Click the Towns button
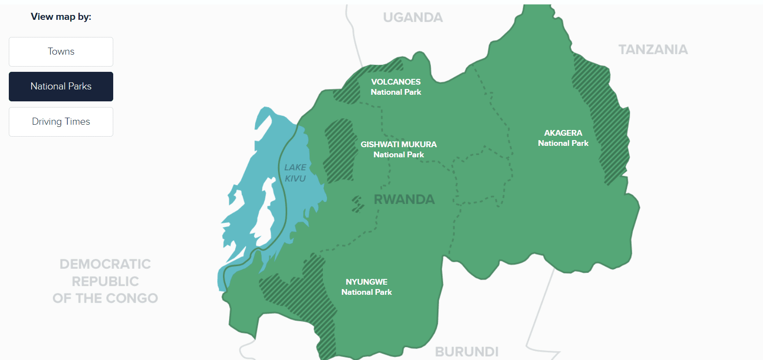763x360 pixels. pyautogui.click(x=61, y=52)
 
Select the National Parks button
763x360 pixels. pyautogui.click(x=61, y=86)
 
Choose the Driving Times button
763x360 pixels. pyautogui.click(x=61, y=122)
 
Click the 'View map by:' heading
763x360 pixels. pyautogui.click(x=61, y=17)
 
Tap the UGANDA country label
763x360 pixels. pyautogui.click(x=413, y=18)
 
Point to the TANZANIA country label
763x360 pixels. pyautogui.click(x=653, y=49)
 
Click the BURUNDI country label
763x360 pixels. pyautogui.click(x=467, y=352)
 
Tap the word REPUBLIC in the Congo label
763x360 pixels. pyautogui.click(x=105, y=281)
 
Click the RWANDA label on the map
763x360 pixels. pyautogui.click(x=404, y=199)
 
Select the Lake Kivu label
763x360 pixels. pyautogui.click(x=295, y=173)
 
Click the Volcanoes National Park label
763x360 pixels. pyautogui.click(x=396, y=87)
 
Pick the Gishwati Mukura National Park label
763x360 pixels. pyautogui.click(x=398, y=149)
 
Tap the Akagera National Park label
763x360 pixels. pyautogui.click(x=563, y=138)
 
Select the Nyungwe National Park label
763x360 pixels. pyautogui.click(x=367, y=287)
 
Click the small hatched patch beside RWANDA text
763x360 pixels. pyautogui.click(x=357, y=204)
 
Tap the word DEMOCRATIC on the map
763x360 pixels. pyautogui.click(x=105, y=264)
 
